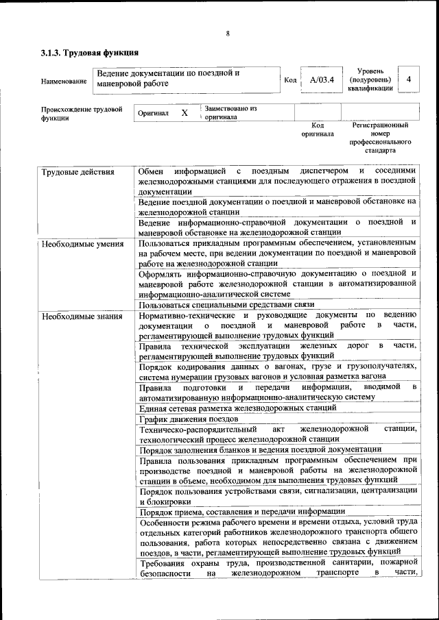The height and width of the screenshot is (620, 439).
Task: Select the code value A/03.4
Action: point(321,80)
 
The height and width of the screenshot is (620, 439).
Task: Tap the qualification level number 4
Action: point(409,79)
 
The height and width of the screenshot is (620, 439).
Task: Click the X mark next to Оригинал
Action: point(184,113)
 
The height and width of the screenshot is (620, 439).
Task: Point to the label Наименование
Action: point(64,82)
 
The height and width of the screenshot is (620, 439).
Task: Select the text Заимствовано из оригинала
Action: point(229,112)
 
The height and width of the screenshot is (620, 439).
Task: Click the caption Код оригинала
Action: point(317,129)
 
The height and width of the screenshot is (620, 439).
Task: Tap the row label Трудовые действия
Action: point(78,172)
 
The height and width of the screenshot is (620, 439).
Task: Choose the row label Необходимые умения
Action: point(82,243)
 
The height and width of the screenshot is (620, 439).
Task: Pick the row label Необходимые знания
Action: point(82,316)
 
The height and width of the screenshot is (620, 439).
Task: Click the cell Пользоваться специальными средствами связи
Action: point(226,304)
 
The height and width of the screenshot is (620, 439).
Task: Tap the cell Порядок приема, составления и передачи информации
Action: point(241,512)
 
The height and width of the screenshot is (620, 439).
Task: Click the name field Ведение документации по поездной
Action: point(168,78)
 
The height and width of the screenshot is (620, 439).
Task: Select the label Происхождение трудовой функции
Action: point(82,113)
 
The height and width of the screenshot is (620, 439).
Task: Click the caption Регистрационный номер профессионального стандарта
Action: point(380,138)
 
